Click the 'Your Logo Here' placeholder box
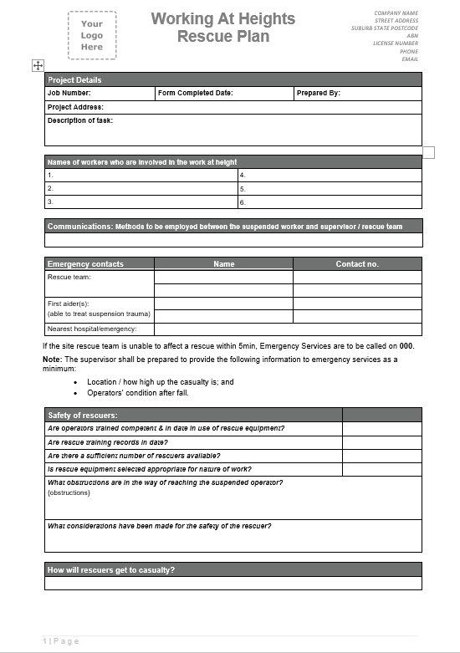point(92,36)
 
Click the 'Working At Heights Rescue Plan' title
point(222,28)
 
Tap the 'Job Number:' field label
point(69,94)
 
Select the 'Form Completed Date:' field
point(195,94)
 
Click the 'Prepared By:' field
point(318,94)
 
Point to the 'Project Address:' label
point(75,107)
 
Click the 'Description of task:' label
point(79,120)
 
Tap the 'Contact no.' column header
point(357,263)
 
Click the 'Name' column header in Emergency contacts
point(223,263)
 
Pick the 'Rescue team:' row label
point(69,277)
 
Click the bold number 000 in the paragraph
point(406,345)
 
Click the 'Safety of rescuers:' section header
point(83,415)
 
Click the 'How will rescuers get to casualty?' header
point(111,570)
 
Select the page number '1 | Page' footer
point(61,640)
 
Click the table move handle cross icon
point(37,65)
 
